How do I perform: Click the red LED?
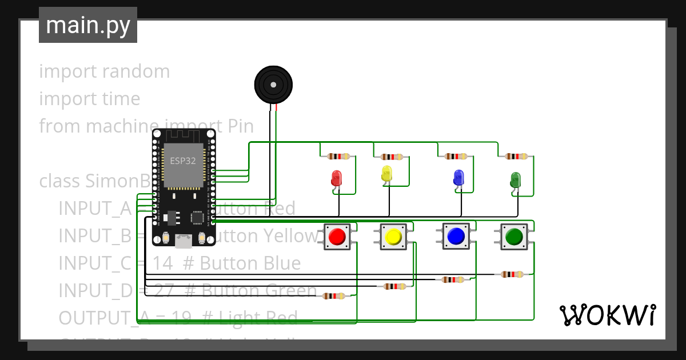coord(336,178)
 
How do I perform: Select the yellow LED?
coord(386,174)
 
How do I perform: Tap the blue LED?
coord(458,177)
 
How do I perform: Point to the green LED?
coord(515,179)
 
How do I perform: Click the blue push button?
coord(456,236)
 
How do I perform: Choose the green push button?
coord(514,236)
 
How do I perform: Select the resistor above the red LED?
coord(338,156)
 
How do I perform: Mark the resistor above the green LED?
coord(516,156)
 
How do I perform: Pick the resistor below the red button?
coord(334,295)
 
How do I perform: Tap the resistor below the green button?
coord(512,274)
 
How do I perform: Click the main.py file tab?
coord(88,25)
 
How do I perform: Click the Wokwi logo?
coord(607,315)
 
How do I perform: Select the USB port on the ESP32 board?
coord(184,241)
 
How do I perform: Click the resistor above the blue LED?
coord(456,156)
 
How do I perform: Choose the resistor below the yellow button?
coord(396,286)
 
